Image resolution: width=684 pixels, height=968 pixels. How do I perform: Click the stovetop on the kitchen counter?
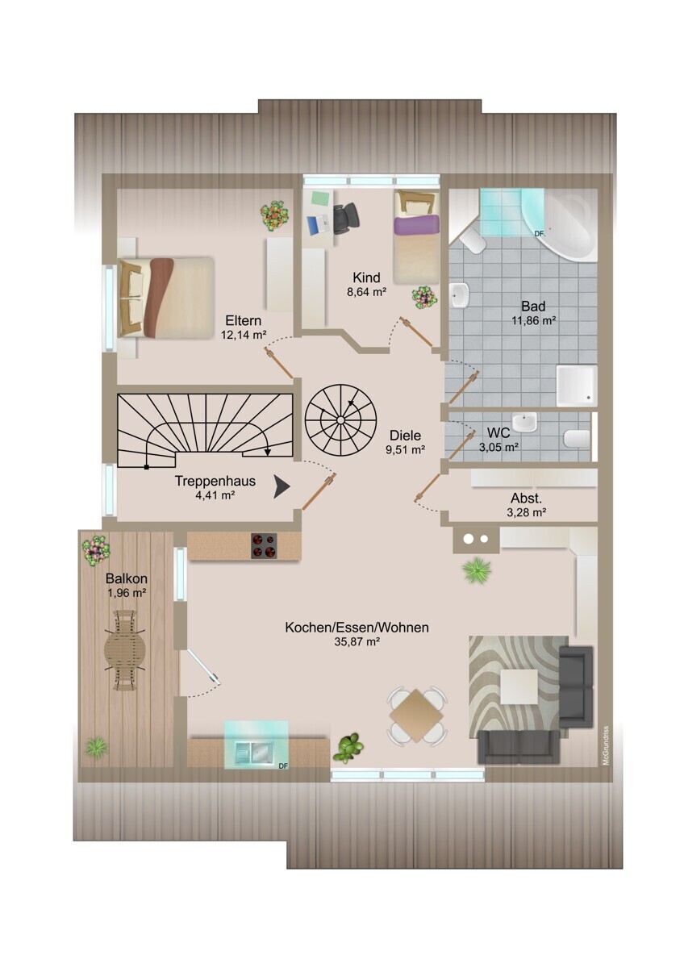point(264,546)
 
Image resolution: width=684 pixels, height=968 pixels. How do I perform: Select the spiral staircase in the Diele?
point(340,419)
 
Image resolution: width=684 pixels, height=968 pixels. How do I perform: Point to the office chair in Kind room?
point(346,219)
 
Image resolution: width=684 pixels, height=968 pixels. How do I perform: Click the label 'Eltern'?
point(244,321)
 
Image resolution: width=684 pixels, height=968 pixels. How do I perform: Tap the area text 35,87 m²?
point(357,642)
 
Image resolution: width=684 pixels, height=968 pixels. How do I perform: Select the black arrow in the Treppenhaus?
point(282,488)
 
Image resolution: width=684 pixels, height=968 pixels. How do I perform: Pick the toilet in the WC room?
point(577,439)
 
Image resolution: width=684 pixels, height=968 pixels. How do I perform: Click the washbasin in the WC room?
point(524,422)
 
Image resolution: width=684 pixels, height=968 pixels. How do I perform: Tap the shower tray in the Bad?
point(577,386)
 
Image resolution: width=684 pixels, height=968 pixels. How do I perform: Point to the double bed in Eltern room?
point(166,297)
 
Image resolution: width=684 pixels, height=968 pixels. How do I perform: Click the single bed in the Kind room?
point(416,237)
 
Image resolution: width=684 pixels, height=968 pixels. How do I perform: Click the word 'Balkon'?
point(127,578)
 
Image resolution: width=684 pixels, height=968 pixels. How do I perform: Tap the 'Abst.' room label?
point(526,499)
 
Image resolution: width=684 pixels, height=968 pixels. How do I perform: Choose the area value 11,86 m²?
point(533,321)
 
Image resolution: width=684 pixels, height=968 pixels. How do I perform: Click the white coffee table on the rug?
point(519,686)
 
